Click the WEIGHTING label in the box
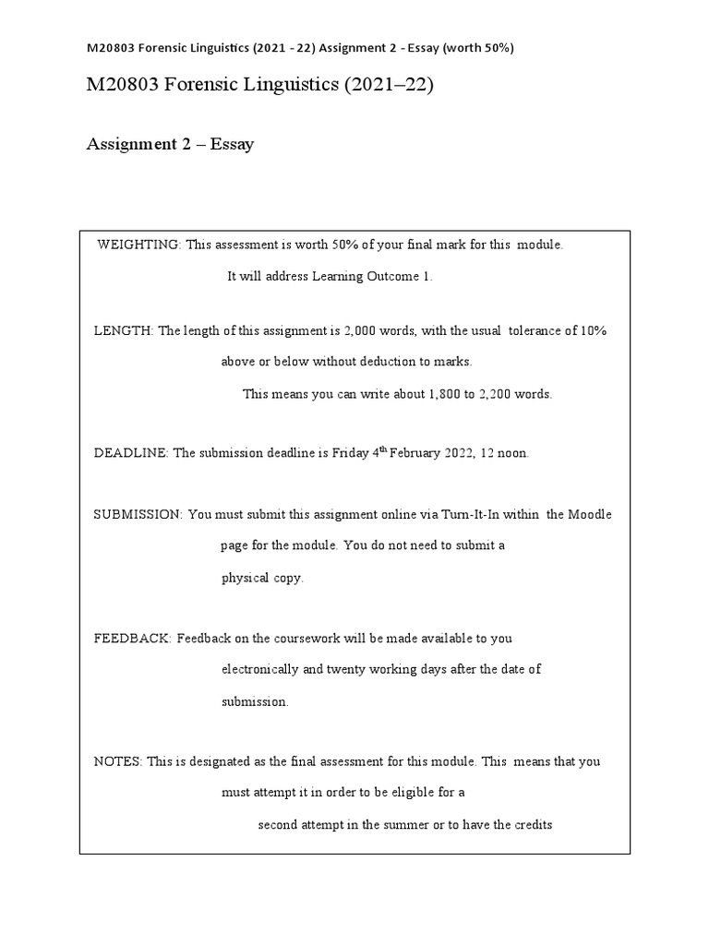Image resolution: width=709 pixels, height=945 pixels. pos(139,245)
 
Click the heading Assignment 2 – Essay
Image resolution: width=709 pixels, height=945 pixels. pos(170,144)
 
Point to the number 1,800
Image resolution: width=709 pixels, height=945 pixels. pos(445,393)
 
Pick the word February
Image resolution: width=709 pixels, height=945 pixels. pos(421,453)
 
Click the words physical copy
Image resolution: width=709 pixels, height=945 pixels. pos(261,578)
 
